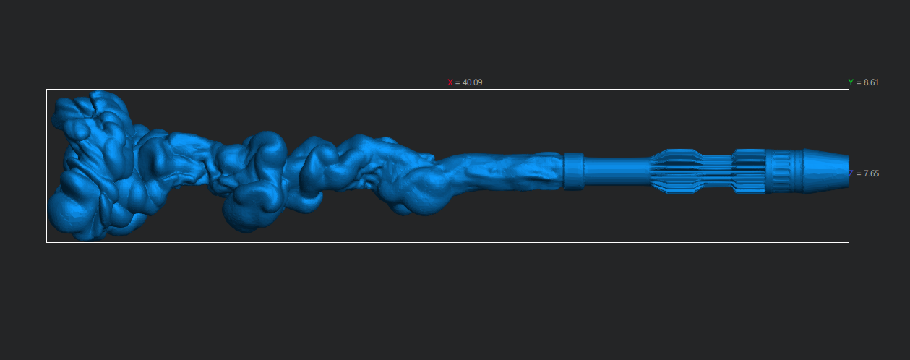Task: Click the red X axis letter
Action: [450, 82]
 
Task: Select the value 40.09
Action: [472, 82]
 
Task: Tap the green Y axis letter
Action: [851, 82]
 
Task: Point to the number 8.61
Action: [871, 82]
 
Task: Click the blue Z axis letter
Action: [851, 173]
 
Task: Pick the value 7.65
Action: [871, 173]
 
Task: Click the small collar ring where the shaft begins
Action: [574, 171]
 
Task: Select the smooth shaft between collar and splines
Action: [617, 171]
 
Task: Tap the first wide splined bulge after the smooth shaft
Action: [677, 171]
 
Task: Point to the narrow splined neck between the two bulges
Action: [718, 171]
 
